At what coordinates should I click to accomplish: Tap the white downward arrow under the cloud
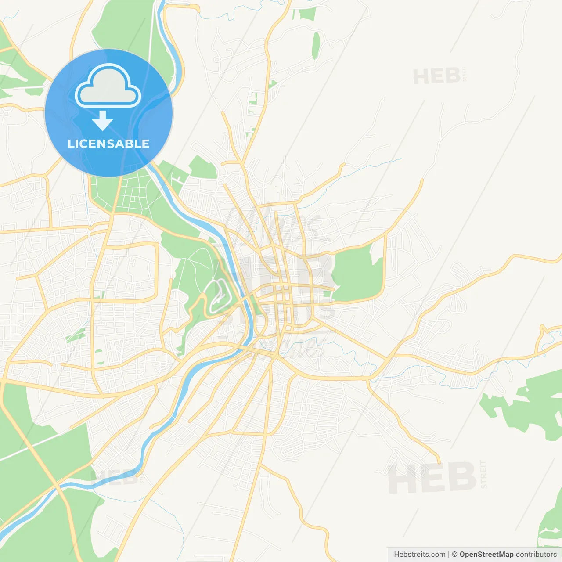click(103, 121)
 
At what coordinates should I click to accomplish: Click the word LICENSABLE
click(108, 144)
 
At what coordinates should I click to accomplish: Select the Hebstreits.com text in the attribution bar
click(419, 555)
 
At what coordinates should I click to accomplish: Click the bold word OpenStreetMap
click(486, 555)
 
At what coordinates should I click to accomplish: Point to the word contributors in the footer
click(536, 555)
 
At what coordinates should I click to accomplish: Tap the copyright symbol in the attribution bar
click(454, 555)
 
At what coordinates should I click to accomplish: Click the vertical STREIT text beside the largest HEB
click(483, 475)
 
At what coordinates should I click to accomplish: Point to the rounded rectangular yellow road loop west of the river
click(127, 272)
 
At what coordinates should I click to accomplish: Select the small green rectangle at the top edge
click(307, 14)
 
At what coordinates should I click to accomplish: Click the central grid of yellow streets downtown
click(281, 303)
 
